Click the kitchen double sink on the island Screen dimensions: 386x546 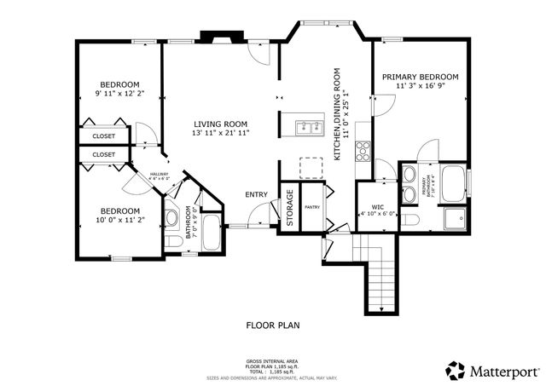309,129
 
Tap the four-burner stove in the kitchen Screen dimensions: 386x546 361,150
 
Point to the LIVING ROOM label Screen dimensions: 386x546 220,124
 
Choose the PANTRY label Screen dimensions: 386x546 311,206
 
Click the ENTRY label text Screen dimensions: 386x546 256,195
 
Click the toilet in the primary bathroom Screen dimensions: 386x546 410,219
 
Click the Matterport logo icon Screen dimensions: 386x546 455,370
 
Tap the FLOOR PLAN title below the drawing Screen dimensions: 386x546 273,325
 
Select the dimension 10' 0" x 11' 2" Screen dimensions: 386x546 119,220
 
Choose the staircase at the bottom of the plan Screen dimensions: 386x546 379,273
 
